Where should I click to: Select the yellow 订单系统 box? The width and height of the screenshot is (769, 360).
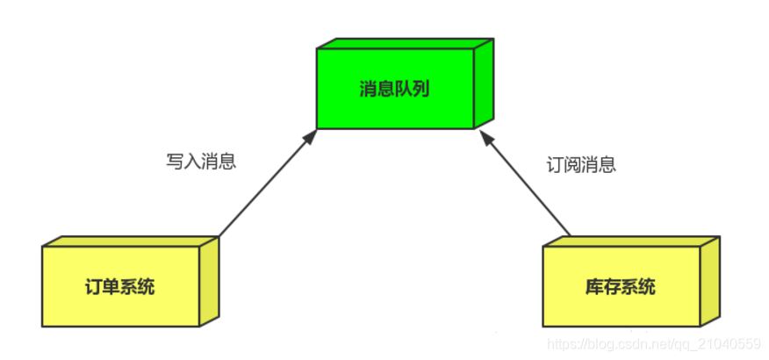(x=120, y=286)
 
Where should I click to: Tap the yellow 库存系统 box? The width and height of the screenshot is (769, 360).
(x=621, y=286)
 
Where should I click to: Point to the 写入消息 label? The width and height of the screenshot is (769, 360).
(x=201, y=162)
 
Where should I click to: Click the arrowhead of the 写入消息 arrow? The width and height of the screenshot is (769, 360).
(x=311, y=134)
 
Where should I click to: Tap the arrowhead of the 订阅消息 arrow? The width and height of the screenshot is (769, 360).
(x=482, y=135)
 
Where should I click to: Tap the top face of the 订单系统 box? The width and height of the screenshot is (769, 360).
(x=129, y=241)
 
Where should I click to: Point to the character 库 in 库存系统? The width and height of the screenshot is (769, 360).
(x=594, y=287)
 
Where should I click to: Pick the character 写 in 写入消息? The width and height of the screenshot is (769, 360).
(x=175, y=162)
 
